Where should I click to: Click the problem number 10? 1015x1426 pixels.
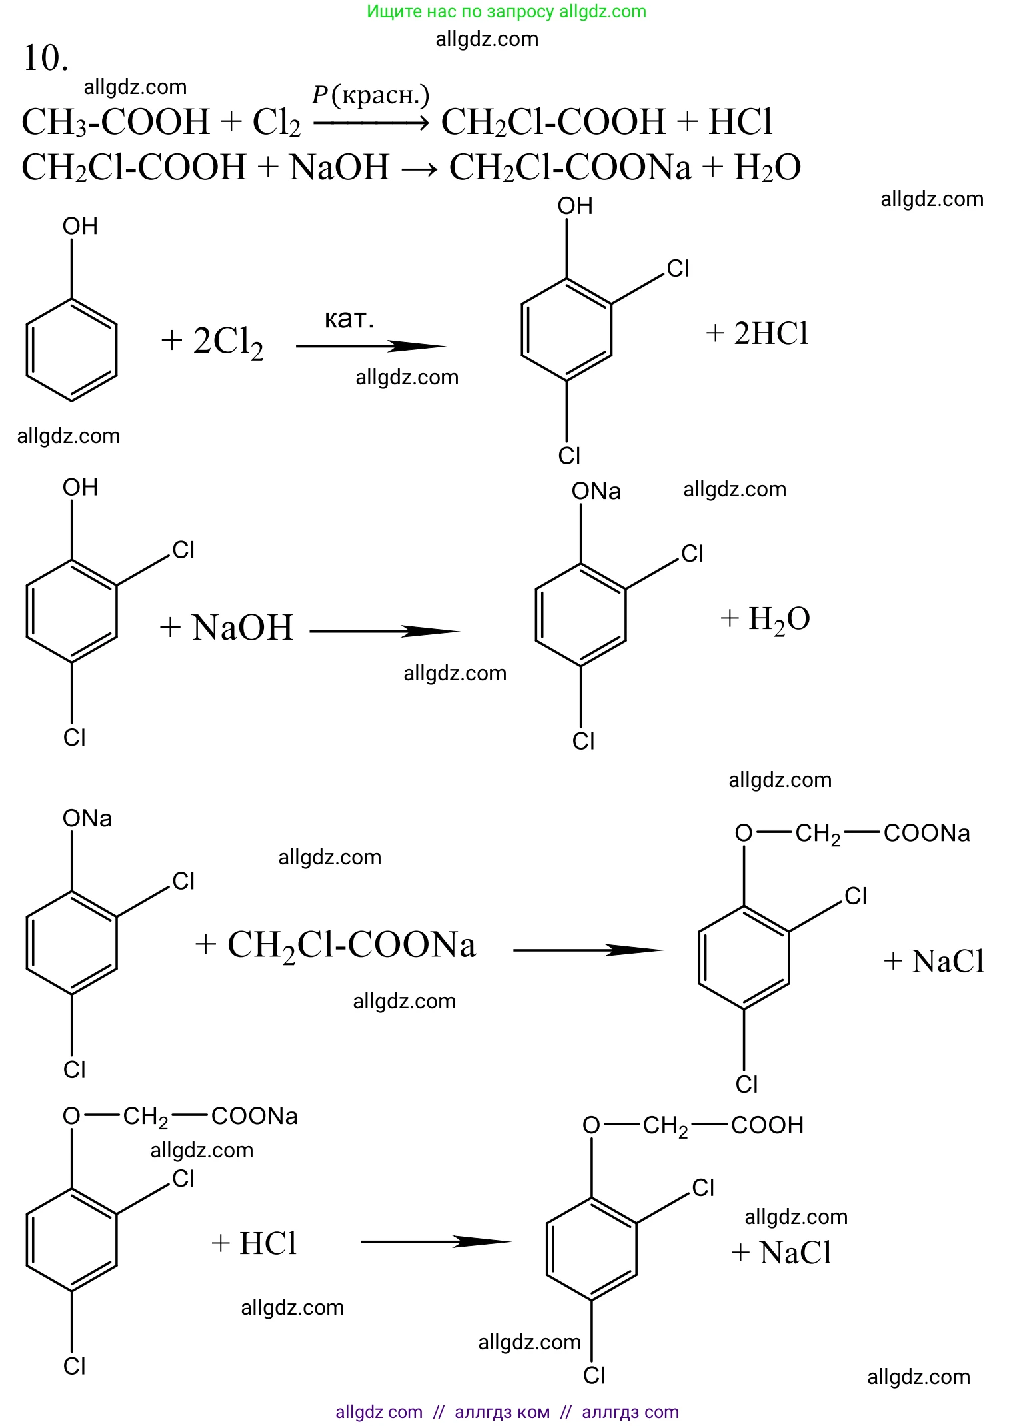point(45,58)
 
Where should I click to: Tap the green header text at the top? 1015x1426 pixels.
point(507,11)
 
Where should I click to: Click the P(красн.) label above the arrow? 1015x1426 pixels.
point(371,95)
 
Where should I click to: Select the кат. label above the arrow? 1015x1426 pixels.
point(349,319)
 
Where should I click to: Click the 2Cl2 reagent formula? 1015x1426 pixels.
point(228,341)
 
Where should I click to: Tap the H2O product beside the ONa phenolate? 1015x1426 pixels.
point(778,619)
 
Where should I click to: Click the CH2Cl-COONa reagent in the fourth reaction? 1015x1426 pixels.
point(351,945)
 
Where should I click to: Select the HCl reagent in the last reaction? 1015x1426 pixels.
point(267,1243)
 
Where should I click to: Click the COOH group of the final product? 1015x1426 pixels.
point(767,1125)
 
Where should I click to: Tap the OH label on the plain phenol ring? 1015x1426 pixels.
point(80,227)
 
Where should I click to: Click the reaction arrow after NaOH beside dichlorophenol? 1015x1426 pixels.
point(385,631)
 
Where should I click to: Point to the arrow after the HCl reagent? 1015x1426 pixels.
point(436,1241)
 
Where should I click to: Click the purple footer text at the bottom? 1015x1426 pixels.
point(507,1411)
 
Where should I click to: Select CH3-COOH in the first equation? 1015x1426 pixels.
point(116,122)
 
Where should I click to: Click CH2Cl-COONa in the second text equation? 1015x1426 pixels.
point(570,167)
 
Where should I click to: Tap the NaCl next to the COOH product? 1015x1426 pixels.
point(795,1253)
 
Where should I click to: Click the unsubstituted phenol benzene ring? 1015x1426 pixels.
point(71,350)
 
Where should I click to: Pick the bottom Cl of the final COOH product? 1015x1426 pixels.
point(594,1375)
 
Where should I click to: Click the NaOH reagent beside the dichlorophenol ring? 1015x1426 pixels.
point(243,628)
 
